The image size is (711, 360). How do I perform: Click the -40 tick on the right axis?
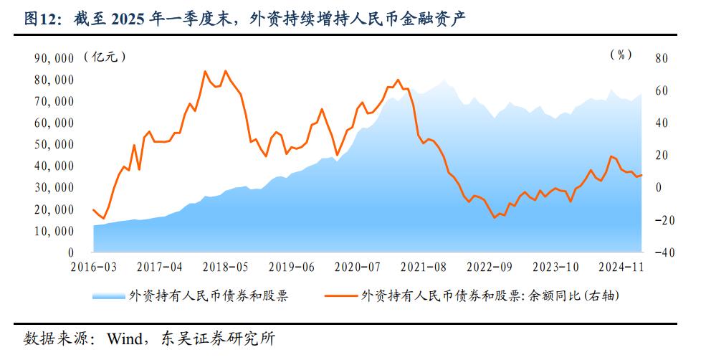pos(659,253)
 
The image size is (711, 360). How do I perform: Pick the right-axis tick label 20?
pos(660,156)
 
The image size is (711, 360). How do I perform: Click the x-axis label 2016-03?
pos(94,266)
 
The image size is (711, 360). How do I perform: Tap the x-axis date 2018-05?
pos(225,266)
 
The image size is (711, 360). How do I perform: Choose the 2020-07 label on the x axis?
pos(358,266)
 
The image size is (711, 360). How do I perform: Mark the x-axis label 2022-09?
pos(490,266)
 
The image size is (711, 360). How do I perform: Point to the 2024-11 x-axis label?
pos(621,266)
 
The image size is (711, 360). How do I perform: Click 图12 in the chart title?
pos(42,18)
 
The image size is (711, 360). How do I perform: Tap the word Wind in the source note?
pos(123,338)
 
